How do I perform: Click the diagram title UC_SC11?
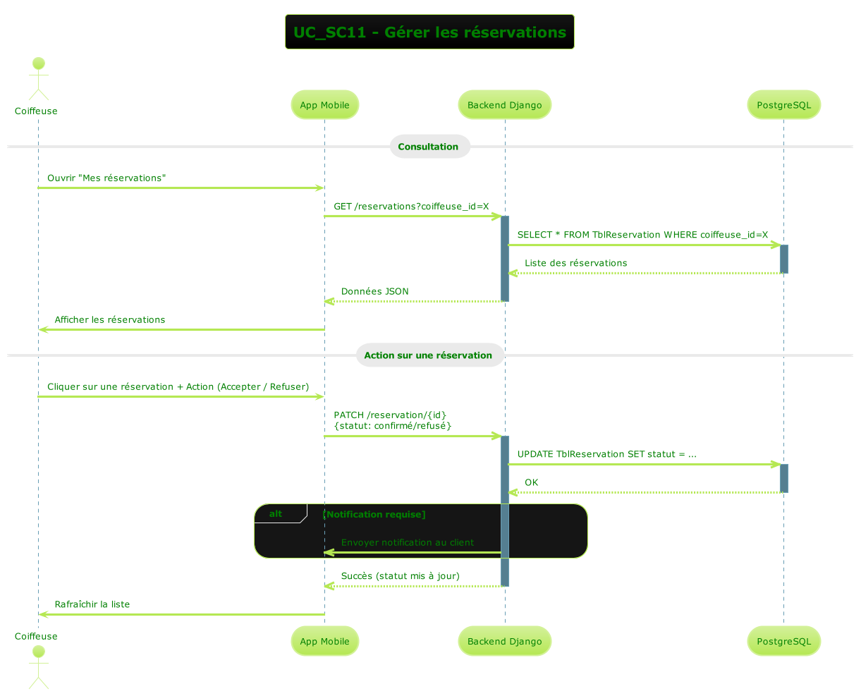pyautogui.click(x=429, y=32)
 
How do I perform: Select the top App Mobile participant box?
pyautogui.click(x=324, y=105)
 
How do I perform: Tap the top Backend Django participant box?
pyautogui.click(x=504, y=105)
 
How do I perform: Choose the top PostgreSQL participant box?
pyautogui.click(x=783, y=105)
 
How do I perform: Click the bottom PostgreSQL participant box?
pyautogui.click(x=783, y=641)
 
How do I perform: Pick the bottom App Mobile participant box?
pyautogui.click(x=324, y=641)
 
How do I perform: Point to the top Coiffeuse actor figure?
pyautogui.click(x=38, y=79)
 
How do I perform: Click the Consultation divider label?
pyautogui.click(x=428, y=147)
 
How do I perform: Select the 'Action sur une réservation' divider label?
pyautogui.click(x=428, y=355)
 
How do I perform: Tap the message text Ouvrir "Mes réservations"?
pyautogui.click(x=106, y=178)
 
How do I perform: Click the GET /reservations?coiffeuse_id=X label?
pyautogui.click(x=411, y=206)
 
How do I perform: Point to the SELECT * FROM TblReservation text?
pyautogui.click(x=642, y=235)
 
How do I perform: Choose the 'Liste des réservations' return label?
pyautogui.click(x=575, y=263)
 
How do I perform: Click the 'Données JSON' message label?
pyautogui.click(x=374, y=291)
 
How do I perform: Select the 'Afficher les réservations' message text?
pyautogui.click(x=109, y=319)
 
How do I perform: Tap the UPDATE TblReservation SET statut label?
pyautogui.click(x=606, y=454)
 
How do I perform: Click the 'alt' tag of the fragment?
pyautogui.click(x=276, y=514)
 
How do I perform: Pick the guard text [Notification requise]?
pyautogui.click(x=374, y=514)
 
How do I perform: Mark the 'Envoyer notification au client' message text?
pyautogui.click(x=407, y=542)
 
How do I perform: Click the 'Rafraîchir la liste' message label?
pyautogui.click(x=92, y=604)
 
